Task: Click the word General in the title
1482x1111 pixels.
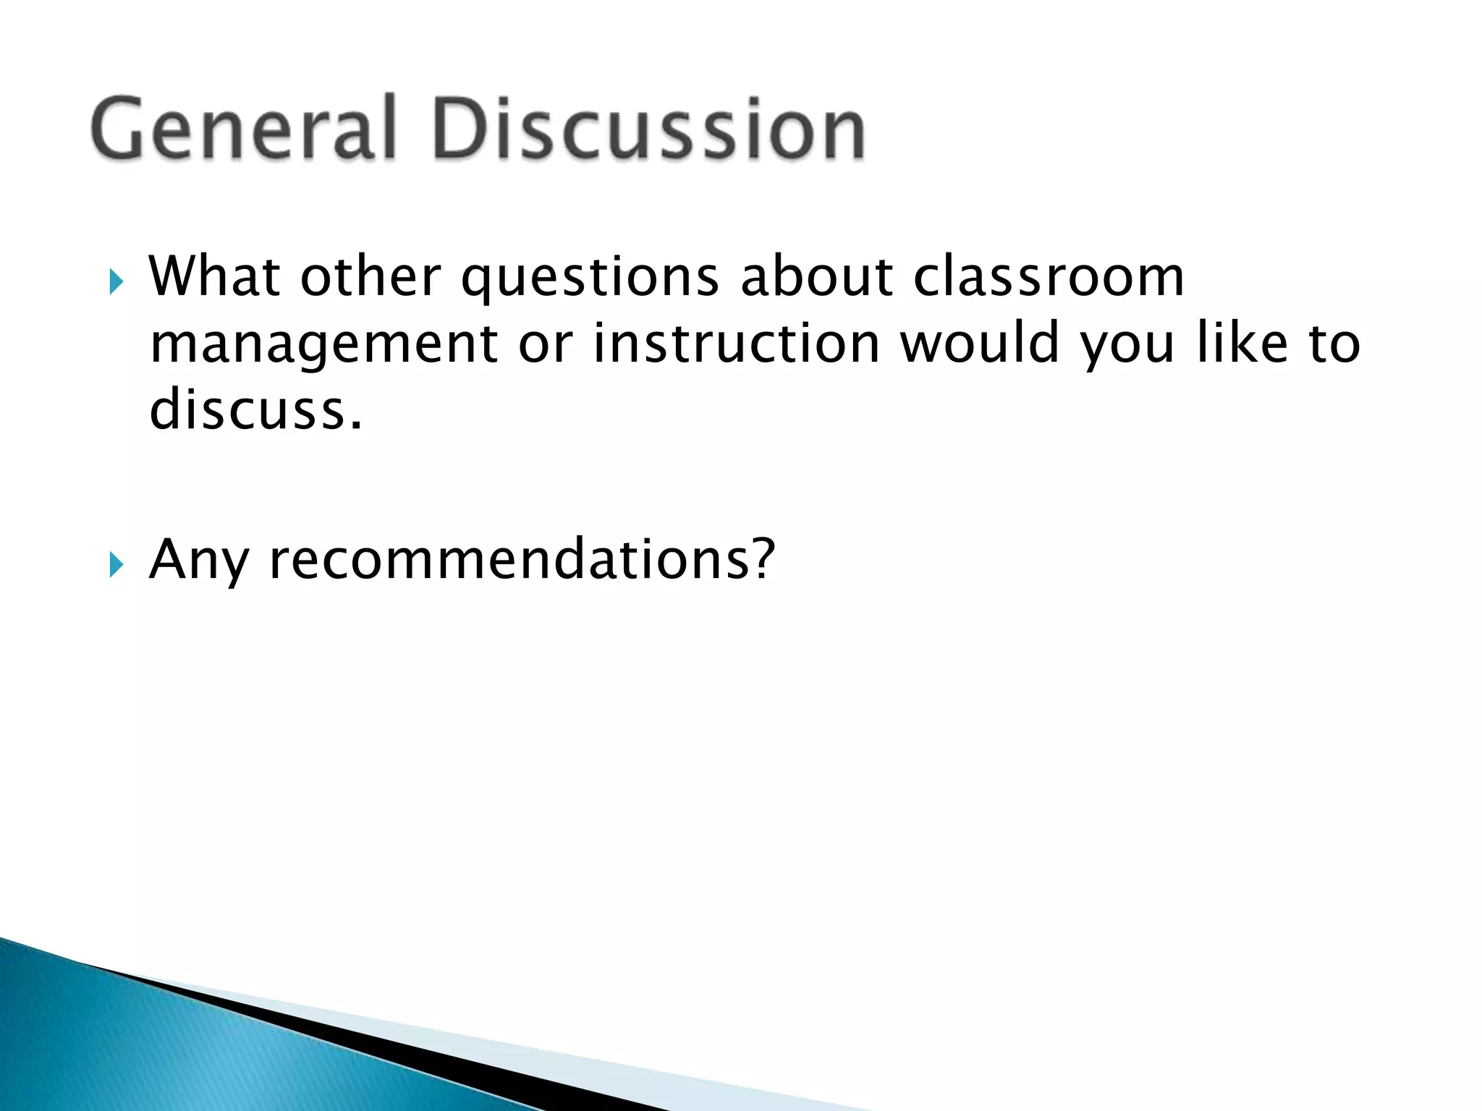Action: [243, 129]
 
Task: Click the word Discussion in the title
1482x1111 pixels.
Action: [648, 129]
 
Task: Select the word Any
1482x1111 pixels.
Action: [198, 561]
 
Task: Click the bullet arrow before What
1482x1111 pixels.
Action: [116, 281]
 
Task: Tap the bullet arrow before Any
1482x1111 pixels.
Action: [116, 564]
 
